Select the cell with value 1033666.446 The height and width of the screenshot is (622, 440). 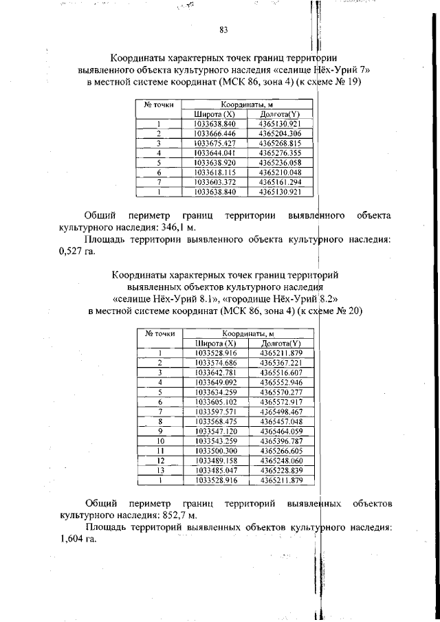(215, 133)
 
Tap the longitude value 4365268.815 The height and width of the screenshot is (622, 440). (280, 143)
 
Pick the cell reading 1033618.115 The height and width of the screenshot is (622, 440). (215, 172)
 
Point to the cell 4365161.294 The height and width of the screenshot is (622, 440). (280, 181)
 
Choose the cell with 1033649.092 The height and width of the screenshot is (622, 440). (215, 381)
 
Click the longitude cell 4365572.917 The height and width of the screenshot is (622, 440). (280, 401)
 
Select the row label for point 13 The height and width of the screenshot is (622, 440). (159, 470)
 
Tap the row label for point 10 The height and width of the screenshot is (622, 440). (159, 441)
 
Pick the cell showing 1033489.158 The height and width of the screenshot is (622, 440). (215, 460)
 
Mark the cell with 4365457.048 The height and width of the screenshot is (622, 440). (280, 421)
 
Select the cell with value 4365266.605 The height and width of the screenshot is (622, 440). (280, 451)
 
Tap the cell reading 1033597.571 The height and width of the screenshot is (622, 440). (215, 411)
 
